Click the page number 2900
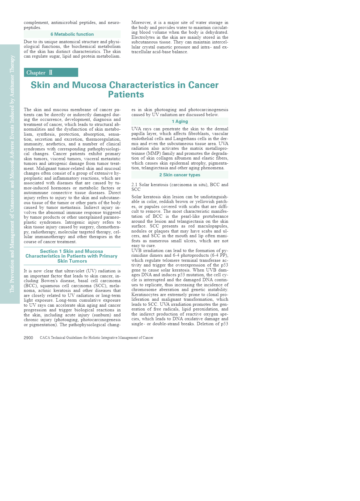28,338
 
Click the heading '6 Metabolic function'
72,34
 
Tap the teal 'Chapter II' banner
51,73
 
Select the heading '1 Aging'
180,121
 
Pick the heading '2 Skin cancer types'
180,175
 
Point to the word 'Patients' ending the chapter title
126,95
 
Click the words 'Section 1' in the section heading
51,251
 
